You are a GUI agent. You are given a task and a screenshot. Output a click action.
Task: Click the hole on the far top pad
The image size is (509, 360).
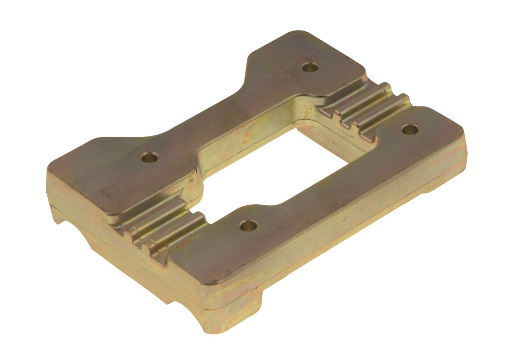(307, 67)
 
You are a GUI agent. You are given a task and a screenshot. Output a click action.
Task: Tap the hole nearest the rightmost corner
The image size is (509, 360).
(410, 129)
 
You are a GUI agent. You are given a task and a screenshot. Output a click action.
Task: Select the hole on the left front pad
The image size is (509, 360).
(149, 158)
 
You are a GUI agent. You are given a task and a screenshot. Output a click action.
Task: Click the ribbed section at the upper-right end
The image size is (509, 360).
(366, 107)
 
